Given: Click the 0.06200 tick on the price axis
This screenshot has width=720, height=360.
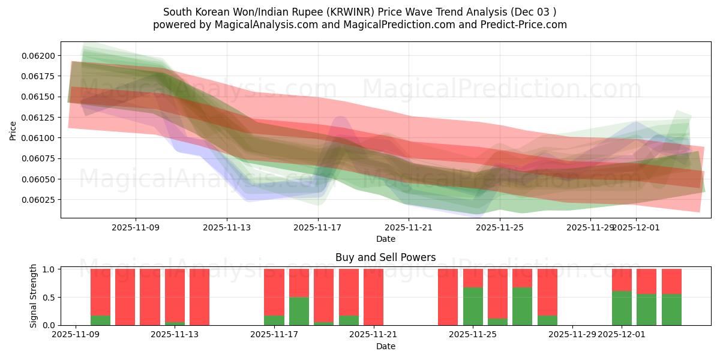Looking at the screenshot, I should tap(38, 56).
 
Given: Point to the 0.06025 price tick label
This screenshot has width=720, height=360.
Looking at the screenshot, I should tap(38, 200).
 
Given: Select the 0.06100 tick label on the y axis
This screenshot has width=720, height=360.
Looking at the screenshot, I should tap(38, 138).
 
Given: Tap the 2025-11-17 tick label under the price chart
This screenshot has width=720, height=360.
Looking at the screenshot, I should tap(317, 227).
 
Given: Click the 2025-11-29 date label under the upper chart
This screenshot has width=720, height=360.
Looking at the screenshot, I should tap(590, 227).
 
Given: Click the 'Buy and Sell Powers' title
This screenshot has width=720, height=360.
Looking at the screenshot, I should tap(385, 257).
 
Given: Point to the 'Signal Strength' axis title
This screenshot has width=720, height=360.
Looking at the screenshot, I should tap(34, 296).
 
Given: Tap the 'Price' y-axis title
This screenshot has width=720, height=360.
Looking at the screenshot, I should tap(13, 130).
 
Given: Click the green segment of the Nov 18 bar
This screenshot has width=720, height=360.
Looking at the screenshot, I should tap(299, 311).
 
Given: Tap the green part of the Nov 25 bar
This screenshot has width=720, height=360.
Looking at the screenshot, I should tap(473, 306).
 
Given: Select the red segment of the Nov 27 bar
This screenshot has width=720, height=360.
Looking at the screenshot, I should tap(523, 278).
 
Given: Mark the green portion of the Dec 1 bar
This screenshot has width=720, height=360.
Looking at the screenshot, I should tap(622, 308).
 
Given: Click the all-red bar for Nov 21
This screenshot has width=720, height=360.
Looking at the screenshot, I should tap(373, 297).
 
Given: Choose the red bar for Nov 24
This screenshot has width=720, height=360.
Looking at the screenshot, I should tap(448, 297).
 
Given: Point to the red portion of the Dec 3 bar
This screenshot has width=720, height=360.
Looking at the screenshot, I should tap(671, 281).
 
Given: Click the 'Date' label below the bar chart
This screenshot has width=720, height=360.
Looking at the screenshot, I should tap(385, 346).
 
